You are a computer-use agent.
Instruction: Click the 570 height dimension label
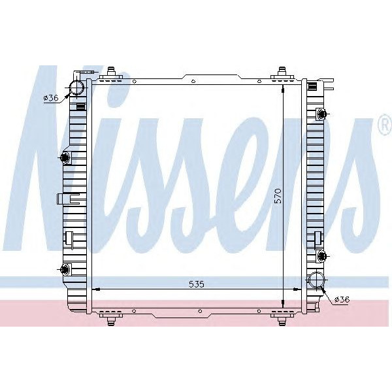[x=278, y=197]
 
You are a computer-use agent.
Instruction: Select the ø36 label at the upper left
[x=52, y=97]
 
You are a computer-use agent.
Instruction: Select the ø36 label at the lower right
[x=342, y=299]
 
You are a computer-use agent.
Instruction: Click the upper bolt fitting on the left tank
[x=65, y=157]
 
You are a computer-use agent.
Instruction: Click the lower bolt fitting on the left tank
[x=65, y=269]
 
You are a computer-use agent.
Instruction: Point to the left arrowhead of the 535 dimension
[x=93, y=289]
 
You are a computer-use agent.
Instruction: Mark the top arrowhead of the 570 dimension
[x=282, y=86]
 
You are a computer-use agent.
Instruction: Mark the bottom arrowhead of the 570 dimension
[x=282, y=304]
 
